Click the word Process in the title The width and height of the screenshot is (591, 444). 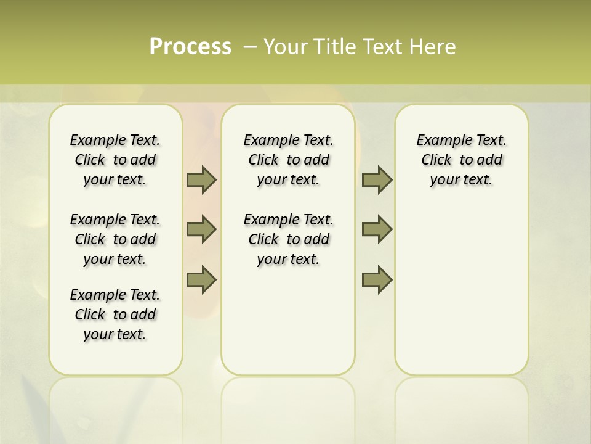click(190, 47)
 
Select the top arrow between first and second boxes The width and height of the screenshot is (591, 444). click(201, 180)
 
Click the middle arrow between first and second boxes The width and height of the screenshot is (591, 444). click(201, 229)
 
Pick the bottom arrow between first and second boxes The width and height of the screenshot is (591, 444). click(201, 279)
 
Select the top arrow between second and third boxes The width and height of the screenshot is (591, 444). click(377, 180)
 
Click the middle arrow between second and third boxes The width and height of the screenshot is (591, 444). click(377, 229)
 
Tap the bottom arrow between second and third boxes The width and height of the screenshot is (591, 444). click(377, 279)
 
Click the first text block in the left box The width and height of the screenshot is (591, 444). click(115, 160)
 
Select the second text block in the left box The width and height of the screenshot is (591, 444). click(115, 239)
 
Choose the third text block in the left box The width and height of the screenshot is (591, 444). click(115, 314)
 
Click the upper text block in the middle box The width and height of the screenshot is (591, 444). click(288, 160)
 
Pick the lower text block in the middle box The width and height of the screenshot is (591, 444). click(288, 239)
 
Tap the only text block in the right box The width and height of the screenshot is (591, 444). click(461, 160)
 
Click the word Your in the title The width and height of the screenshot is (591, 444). click(286, 47)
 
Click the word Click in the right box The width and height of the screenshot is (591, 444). click(436, 160)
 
